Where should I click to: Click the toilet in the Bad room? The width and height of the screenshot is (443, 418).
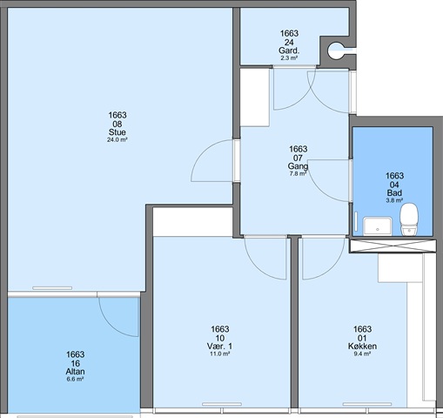coord(409,219)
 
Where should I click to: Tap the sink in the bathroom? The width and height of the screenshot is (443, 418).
coord(377,226)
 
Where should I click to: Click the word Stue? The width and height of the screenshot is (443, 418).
coord(117,132)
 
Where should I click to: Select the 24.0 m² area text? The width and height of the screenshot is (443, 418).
coord(117,139)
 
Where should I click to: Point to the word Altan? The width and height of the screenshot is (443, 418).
coord(76,372)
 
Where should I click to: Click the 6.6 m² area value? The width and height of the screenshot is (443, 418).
coord(75,379)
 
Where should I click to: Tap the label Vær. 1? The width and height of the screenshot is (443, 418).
coord(219,347)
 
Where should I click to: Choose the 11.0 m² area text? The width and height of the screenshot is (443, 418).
coord(220,354)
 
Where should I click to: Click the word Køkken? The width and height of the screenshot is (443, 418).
coord(362,347)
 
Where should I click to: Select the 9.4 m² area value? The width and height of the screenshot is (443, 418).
coord(362,354)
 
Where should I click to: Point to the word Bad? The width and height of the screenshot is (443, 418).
coord(394,192)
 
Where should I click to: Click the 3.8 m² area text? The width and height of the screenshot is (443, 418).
coord(394,200)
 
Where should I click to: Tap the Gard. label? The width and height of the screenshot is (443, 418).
coord(289,51)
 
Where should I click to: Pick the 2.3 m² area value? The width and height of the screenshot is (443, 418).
coord(289,58)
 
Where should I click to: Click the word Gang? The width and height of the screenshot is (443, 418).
coord(298,166)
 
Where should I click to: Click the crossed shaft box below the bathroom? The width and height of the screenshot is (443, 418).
coord(393,246)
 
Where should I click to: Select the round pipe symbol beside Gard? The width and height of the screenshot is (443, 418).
coord(337,51)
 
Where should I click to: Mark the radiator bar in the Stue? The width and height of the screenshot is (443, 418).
coord(52,288)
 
